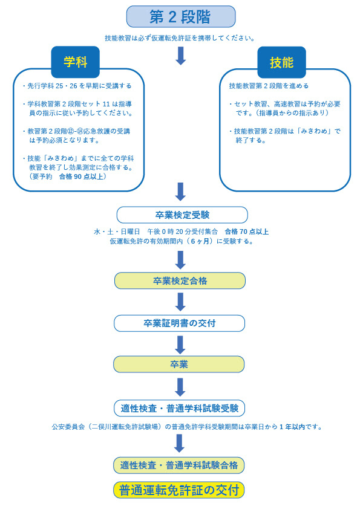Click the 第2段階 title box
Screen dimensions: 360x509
181,16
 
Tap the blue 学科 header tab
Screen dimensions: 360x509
76,62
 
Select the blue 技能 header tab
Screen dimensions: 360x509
282,62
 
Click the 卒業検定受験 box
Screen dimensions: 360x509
182,215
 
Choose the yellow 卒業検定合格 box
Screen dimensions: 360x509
180,280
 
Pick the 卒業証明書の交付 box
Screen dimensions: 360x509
179,323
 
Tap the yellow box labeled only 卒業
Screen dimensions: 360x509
178,365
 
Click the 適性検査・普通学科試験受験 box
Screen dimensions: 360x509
179,408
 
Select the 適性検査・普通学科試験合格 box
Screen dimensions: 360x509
179,465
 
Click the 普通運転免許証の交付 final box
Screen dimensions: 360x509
179,490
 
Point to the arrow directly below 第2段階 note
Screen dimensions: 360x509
180,56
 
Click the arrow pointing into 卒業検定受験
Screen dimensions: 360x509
180,192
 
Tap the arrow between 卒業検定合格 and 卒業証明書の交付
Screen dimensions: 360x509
180,302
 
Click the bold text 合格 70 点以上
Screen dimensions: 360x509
247,232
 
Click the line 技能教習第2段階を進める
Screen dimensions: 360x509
269,86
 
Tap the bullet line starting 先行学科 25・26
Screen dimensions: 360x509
77,86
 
